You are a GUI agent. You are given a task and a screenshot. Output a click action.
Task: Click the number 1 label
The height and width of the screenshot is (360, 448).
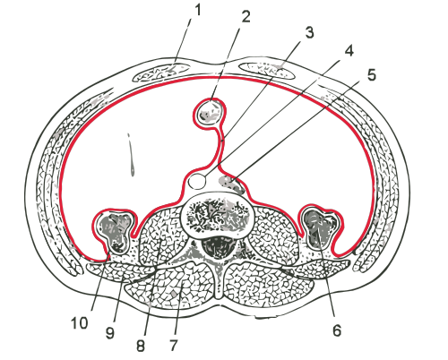(x=198, y=11)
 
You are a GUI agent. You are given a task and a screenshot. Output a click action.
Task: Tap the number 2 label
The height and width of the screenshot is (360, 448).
(x=246, y=17)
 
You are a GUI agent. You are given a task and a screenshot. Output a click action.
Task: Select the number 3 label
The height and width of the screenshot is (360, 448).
(x=309, y=32)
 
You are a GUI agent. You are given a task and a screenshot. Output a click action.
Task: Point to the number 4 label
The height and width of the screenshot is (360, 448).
(x=349, y=51)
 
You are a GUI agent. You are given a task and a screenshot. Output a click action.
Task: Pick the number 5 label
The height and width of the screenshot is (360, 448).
(x=371, y=75)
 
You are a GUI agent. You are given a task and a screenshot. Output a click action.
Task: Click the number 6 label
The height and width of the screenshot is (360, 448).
(x=337, y=331)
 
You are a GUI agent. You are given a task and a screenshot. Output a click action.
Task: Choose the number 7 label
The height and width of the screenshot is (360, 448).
(x=174, y=346)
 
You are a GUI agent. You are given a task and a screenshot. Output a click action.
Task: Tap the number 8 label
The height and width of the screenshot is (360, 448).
(x=141, y=346)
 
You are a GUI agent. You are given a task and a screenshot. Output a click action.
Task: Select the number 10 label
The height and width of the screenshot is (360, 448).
(x=80, y=322)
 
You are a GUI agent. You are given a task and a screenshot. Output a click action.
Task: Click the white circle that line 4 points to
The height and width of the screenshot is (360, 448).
(x=197, y=181)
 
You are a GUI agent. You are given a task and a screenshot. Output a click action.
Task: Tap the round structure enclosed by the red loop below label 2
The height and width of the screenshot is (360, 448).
(x=211, y=112)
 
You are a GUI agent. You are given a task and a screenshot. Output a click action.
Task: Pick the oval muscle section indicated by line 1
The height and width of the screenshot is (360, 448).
(x=161, y=72)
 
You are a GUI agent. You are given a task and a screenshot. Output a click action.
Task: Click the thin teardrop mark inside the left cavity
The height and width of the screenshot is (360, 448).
(x=131, y=154)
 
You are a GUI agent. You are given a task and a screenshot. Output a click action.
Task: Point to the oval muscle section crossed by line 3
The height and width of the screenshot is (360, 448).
(x=267, y=71)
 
